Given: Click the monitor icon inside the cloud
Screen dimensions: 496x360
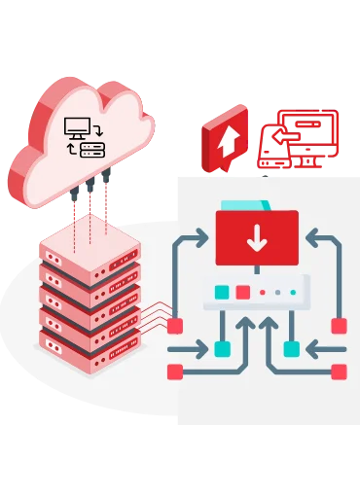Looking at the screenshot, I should click(77, 126).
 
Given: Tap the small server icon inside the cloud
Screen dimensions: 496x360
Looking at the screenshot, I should click(92, 149).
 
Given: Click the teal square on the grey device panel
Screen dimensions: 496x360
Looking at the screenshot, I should click(223, 291).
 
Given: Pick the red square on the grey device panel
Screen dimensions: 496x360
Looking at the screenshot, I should click(243, 291).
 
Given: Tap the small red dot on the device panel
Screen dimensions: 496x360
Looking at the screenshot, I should click(262, 292).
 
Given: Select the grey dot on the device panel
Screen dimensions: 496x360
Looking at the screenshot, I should click(277, 292).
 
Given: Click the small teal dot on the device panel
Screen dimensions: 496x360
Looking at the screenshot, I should click(292, 292).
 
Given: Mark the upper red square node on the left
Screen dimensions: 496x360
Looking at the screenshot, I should click(175, 326).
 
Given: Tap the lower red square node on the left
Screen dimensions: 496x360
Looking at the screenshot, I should click(175, 371).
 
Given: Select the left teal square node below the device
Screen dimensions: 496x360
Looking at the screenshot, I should click(222, 348).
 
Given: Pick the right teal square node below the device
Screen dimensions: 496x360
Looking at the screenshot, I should click(291, 348).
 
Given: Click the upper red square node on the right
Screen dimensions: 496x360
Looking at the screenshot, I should click(339, 326).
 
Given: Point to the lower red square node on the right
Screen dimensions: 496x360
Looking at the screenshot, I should click(339, 371).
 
